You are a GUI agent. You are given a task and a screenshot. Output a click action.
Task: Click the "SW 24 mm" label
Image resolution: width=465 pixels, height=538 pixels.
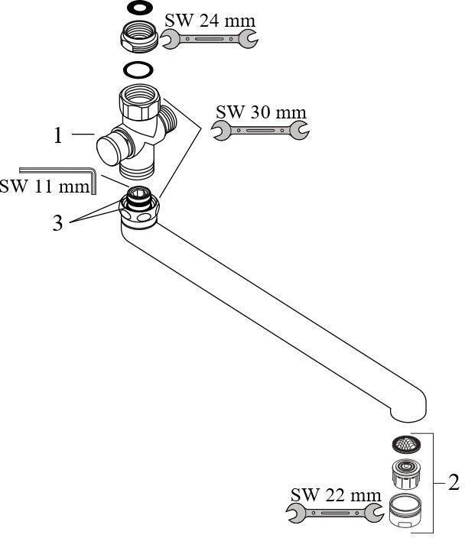coord(210,21)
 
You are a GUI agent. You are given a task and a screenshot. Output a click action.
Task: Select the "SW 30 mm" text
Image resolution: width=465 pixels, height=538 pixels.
coord(260,113)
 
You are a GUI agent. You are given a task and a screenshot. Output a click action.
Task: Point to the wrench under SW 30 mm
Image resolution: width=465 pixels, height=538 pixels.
coord(260,131)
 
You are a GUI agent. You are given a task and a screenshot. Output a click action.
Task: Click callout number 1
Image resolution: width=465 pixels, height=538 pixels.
coord(58,136)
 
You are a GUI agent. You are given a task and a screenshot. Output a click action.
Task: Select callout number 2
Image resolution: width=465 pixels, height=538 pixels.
coord(454,483)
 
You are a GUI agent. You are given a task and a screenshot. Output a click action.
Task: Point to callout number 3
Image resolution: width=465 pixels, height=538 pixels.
coord(58,224)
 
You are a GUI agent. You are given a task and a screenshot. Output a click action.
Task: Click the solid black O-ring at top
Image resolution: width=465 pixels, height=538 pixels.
coord(138,9)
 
